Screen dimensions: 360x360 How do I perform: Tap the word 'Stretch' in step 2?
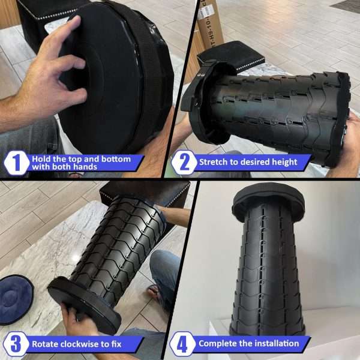214,162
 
